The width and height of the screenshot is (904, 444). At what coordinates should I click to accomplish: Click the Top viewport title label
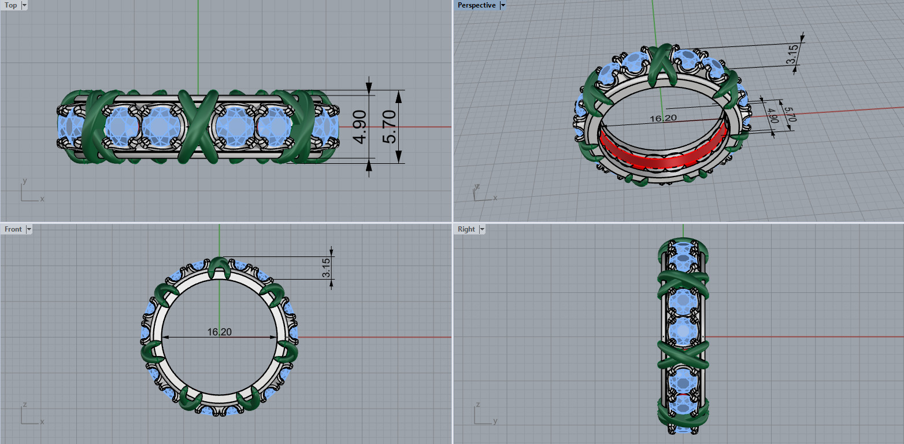[x=11, y=5]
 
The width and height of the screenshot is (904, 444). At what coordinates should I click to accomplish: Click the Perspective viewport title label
[x=476, y=5]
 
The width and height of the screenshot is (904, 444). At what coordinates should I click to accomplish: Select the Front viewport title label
[x=13, y=229]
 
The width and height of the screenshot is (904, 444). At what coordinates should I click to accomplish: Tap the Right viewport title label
[x=466, y=229]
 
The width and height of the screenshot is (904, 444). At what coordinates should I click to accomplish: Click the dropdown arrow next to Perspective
[x=502, y=5]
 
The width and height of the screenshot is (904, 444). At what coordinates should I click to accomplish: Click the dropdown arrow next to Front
[x=29, y=229]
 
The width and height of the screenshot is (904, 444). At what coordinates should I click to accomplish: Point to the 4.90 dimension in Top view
[x=360, y=127]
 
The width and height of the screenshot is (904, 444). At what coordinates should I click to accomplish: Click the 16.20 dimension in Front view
[x=219, y=332]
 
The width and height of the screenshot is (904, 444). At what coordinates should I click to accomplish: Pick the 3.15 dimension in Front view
[x=327, y=267]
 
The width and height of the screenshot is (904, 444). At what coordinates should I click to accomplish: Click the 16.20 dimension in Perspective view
[x=663, y=118]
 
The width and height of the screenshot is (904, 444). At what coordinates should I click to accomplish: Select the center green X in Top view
[x=198, y=126]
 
